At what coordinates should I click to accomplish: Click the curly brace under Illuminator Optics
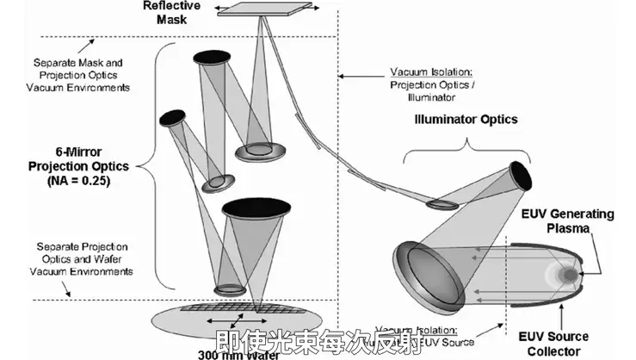465,148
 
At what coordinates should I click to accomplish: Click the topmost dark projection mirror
212,58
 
